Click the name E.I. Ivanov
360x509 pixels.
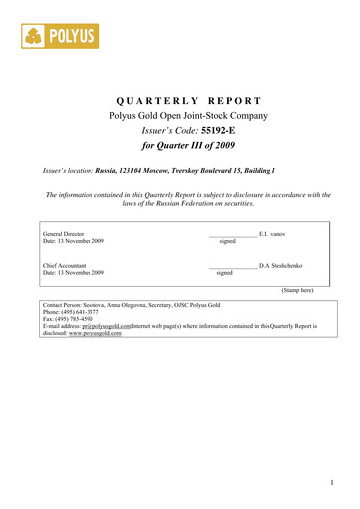[x=271, y=233]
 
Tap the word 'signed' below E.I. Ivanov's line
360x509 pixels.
[x=228, y=241]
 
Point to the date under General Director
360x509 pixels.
[x=73, y=241]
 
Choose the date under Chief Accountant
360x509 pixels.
[x=73, y=273]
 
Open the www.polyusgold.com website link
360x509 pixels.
[x=94, y=334]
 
